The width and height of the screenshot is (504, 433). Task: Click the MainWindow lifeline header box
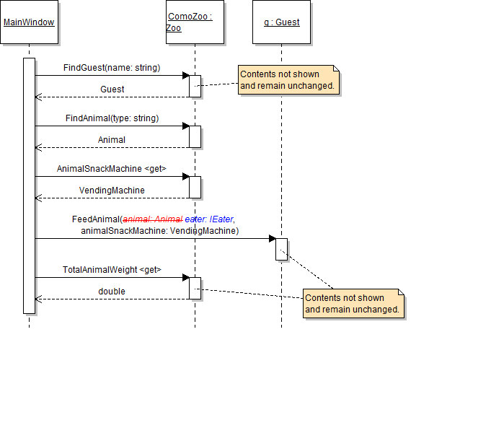click(29, 22)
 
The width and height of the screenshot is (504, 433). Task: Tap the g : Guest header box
click(281, 22)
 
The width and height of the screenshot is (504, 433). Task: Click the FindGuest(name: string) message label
click(112, 68)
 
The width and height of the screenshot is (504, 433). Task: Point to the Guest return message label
click(112, 89)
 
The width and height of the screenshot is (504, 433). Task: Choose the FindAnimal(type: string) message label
click(111, 118)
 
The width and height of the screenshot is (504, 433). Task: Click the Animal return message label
click(112, 140)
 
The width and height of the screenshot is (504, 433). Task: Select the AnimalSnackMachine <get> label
click(112, 169)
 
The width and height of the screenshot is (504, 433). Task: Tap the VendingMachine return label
click(112, 191)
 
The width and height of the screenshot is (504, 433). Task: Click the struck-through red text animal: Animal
click(152, 219)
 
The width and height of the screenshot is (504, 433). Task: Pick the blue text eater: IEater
click(209, 219)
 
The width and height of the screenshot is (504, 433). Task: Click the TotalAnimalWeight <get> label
click(112, 270)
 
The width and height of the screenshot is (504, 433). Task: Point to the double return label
click(112, 292)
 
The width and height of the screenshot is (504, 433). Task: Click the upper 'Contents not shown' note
click(288, 79)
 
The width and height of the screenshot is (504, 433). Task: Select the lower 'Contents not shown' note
click(353, 303)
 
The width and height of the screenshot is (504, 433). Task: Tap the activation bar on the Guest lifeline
click(281, 248)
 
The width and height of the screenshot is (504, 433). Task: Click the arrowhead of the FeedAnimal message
click(272, 238)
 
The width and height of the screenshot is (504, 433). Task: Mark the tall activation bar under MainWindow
click(29, 185)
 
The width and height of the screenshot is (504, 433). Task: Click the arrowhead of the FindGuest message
click(185, 75)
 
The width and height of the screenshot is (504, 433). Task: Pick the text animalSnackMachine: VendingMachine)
click(159, 231)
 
